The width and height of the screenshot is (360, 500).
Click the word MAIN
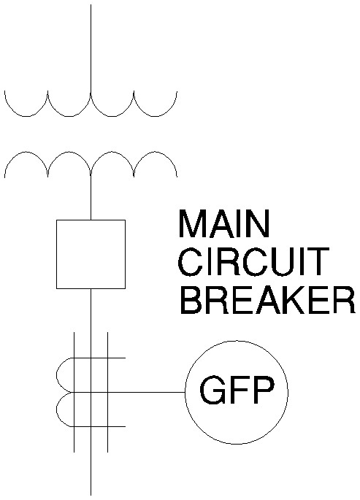pos(224,223)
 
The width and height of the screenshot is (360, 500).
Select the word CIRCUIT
pos(253,262)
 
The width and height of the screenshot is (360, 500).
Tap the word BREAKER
pos(267,301)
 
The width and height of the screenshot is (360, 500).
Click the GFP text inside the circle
pos(237,390)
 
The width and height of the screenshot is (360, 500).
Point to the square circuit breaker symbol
pos(91,254)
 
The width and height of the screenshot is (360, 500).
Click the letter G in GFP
pos(212,390)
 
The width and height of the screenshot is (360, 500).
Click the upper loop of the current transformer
pos(58,375)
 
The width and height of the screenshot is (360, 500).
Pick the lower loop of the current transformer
pos(58,409)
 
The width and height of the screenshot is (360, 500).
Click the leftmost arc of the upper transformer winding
pos(26,116)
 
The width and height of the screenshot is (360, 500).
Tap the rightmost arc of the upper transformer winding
pos(156,116)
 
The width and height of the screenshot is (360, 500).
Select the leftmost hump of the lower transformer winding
pos(26,152)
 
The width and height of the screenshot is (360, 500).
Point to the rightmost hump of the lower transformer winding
pos(156,152)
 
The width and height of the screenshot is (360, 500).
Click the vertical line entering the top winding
pos(91,49)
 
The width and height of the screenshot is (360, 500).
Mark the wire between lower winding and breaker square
pos(91,198)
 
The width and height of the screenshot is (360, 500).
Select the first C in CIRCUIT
pos(191,262)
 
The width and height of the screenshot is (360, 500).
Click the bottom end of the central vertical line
pos(91,495)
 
